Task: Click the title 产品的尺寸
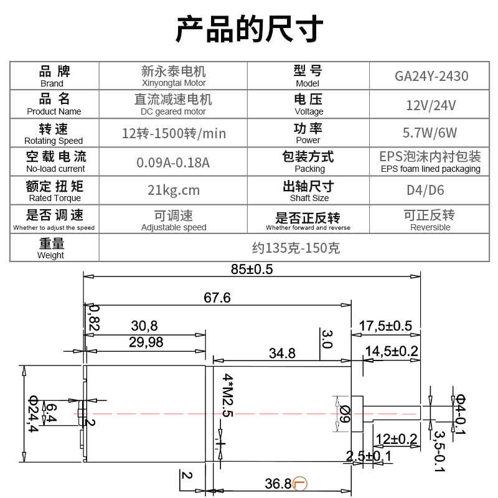point(249,29)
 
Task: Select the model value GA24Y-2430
point(431,77)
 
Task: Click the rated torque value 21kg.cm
point(174,190)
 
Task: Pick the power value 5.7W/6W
point(431,133)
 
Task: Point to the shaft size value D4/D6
point(431,190)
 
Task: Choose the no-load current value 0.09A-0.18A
point(174,162)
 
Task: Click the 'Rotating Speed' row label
point(54,134)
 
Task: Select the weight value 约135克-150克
point(296,248)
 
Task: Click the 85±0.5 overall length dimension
point(251,270)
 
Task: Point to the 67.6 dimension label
point(217,298)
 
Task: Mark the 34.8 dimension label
point(282,354)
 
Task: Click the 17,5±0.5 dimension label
point(386,326)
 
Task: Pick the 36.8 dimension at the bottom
point(278,484)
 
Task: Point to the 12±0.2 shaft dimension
point(396,439)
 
